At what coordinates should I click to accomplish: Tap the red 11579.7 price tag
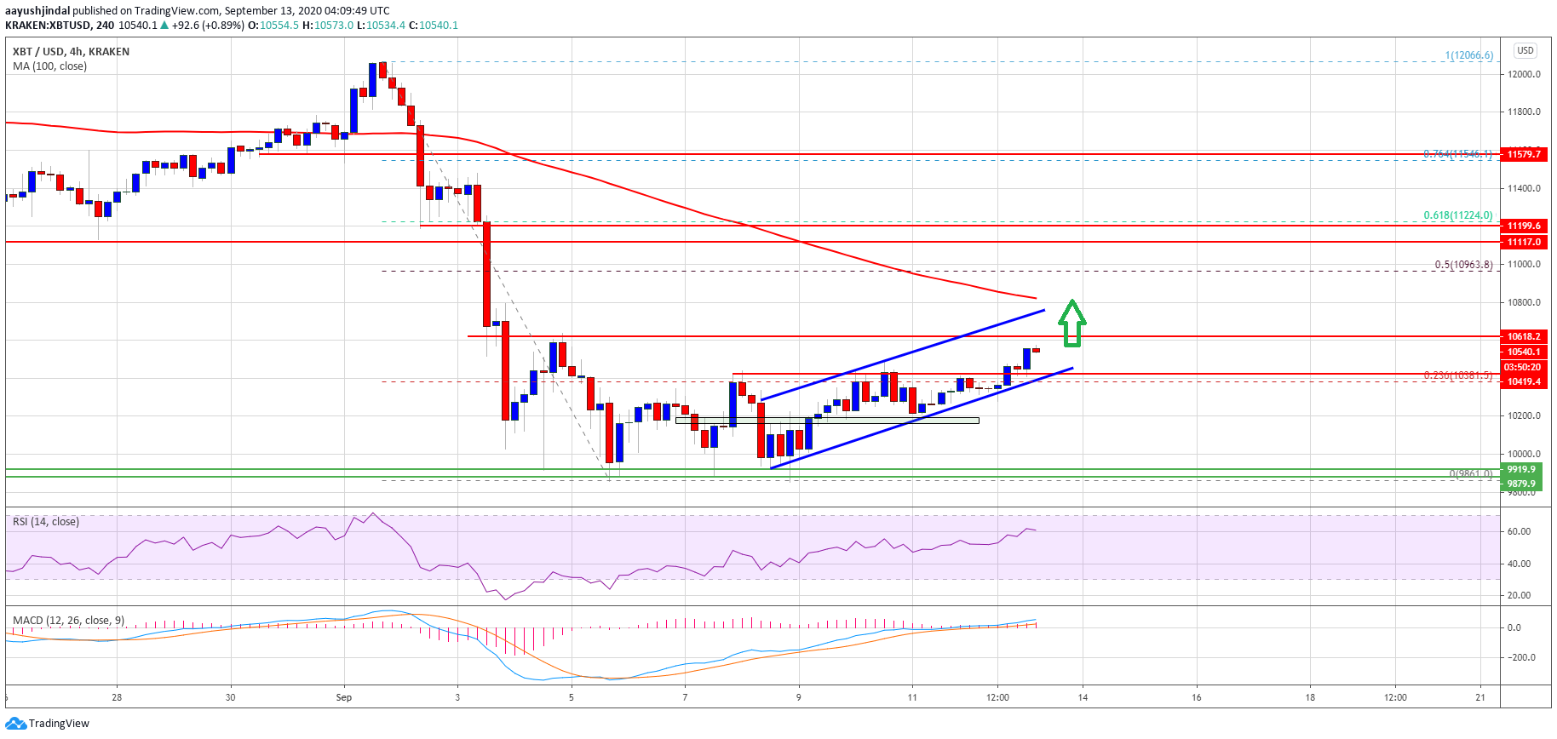pyautogui.click(x=1523, y=154)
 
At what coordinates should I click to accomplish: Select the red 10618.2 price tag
pyautogui.click(x=1523, y=336)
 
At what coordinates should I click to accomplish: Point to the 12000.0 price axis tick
pyautogui.click(x=1524, y=74)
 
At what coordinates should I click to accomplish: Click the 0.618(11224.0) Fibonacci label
pyautogui.click(x=1457, y=215)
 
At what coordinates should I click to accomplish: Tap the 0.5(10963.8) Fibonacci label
pyautogui.click(x=1462, y=265)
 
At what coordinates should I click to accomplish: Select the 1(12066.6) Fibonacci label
pyautogui.click(x=1468, y=55)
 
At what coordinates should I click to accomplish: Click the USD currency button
pyautogui.click(x=1525, y=50)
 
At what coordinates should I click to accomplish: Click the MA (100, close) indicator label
pyautogui.click(x=49, y=66)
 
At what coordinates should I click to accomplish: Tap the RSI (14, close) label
pyautogui.click(x=46, y=521)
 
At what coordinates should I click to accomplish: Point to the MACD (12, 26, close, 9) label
pyautogui.click(x=68, y=620)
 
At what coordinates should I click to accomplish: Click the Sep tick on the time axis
pyautogui.click(x=344, y=697)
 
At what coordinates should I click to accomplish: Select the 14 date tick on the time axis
pyautogui.click(x=1083, y=697)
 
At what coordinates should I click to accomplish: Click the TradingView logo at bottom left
pyautogui.click(x=48, y=724)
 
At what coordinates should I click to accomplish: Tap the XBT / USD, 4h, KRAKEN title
pyautogui.click(x=71, y=52)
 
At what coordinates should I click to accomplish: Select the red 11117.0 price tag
pyautogui.click(x=1523, y=242)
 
